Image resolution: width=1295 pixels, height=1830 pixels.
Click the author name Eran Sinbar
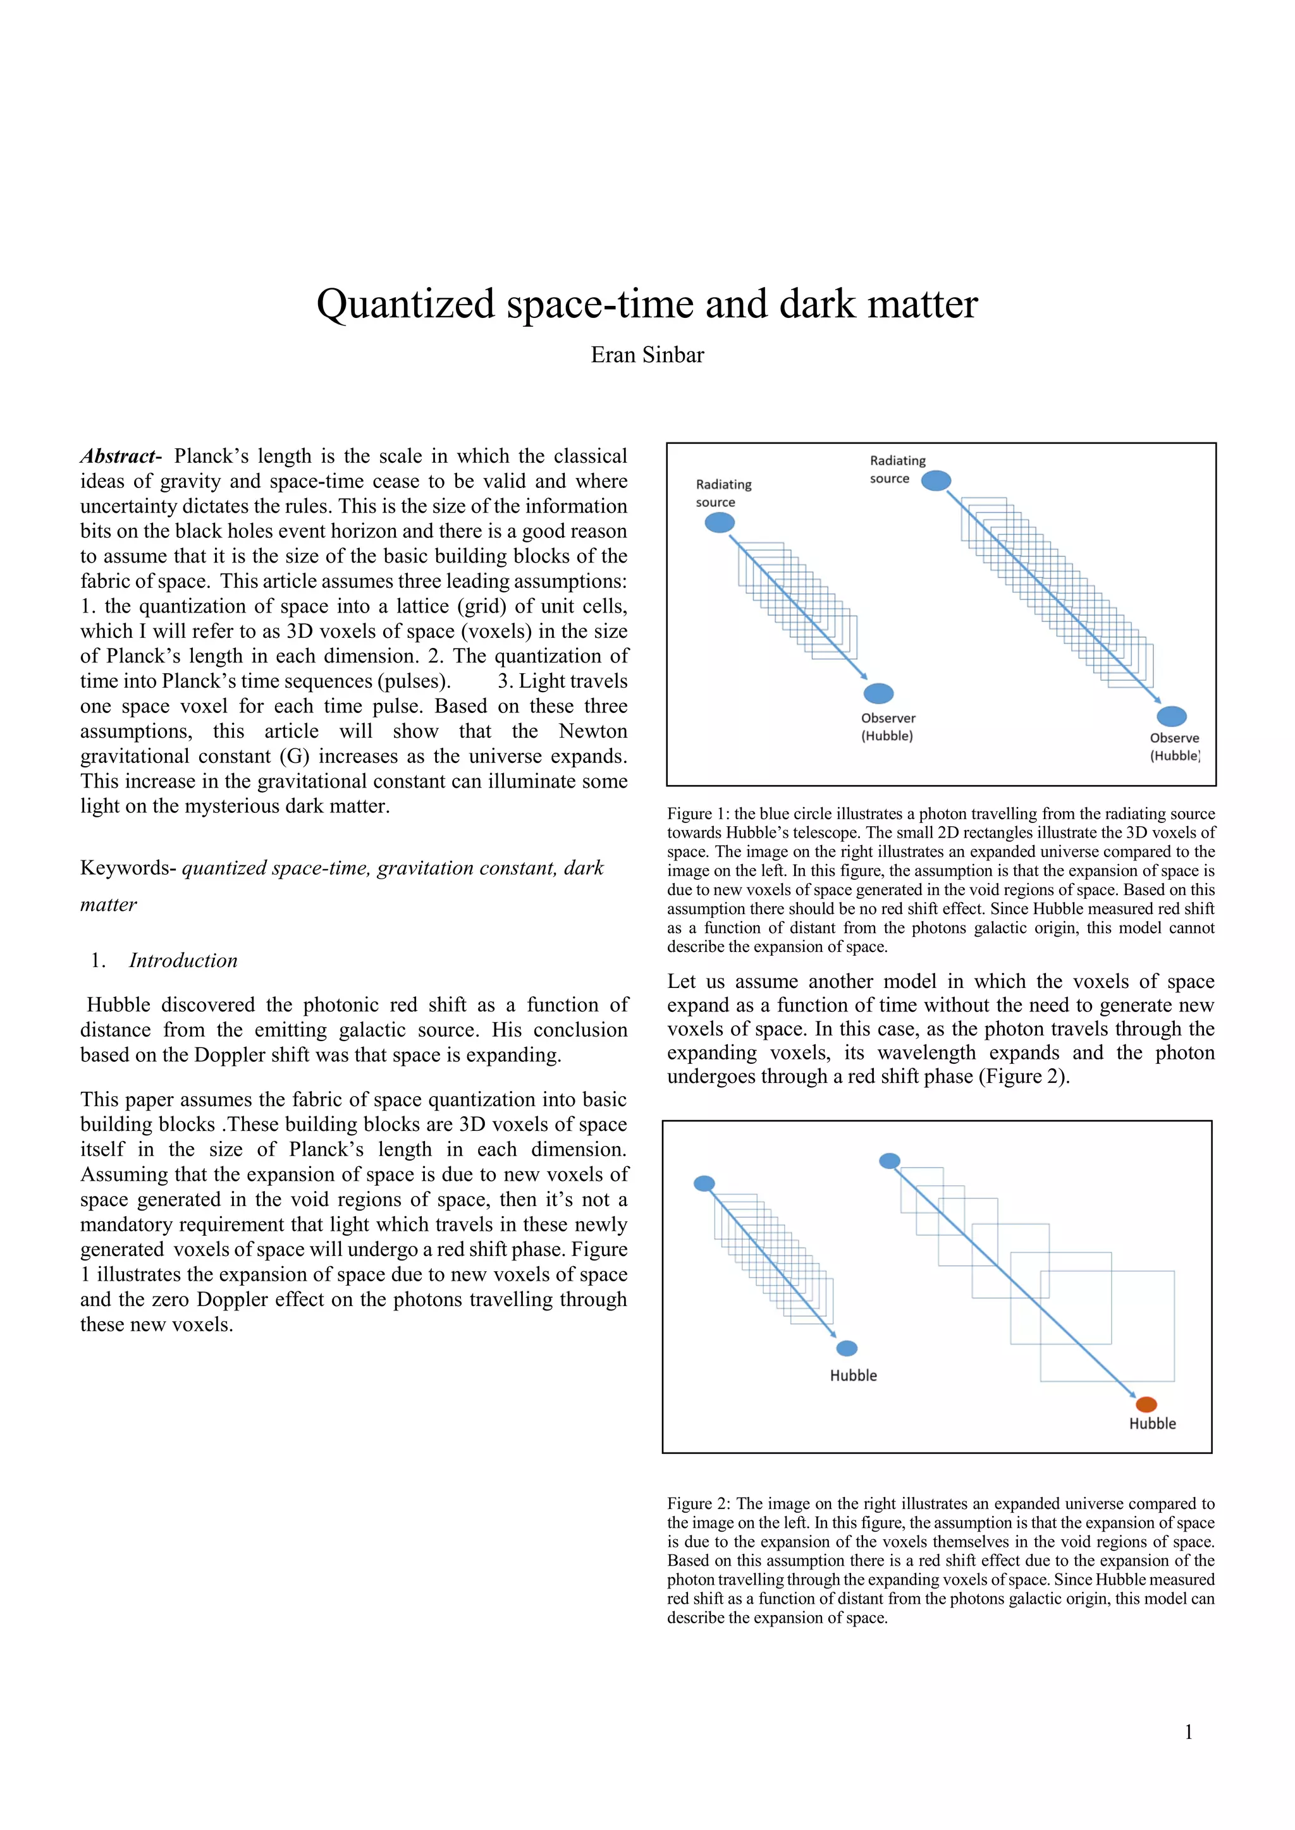[x=647, y=355]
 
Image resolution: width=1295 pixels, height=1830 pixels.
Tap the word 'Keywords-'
[x=128, y=868]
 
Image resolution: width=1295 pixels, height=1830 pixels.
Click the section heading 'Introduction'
[x=183, y=960]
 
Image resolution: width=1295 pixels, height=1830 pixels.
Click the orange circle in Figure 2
[x=1146, y=1405]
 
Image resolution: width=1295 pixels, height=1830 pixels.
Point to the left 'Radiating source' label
[x=723, y=492]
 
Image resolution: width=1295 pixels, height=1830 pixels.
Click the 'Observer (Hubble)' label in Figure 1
[x=888, y=726]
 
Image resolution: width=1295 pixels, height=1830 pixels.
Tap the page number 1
[x=1188, y=1732]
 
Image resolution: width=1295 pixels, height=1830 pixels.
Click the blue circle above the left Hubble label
[x=847, y=1348]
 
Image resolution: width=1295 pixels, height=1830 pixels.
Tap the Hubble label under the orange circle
[x=1152, y=1424]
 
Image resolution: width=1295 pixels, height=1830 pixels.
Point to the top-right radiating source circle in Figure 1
[x=936, y=480]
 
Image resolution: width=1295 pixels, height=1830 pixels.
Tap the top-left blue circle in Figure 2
[x=704, y=1183]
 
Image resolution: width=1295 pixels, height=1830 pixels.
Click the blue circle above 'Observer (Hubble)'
[x=879, y=693]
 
